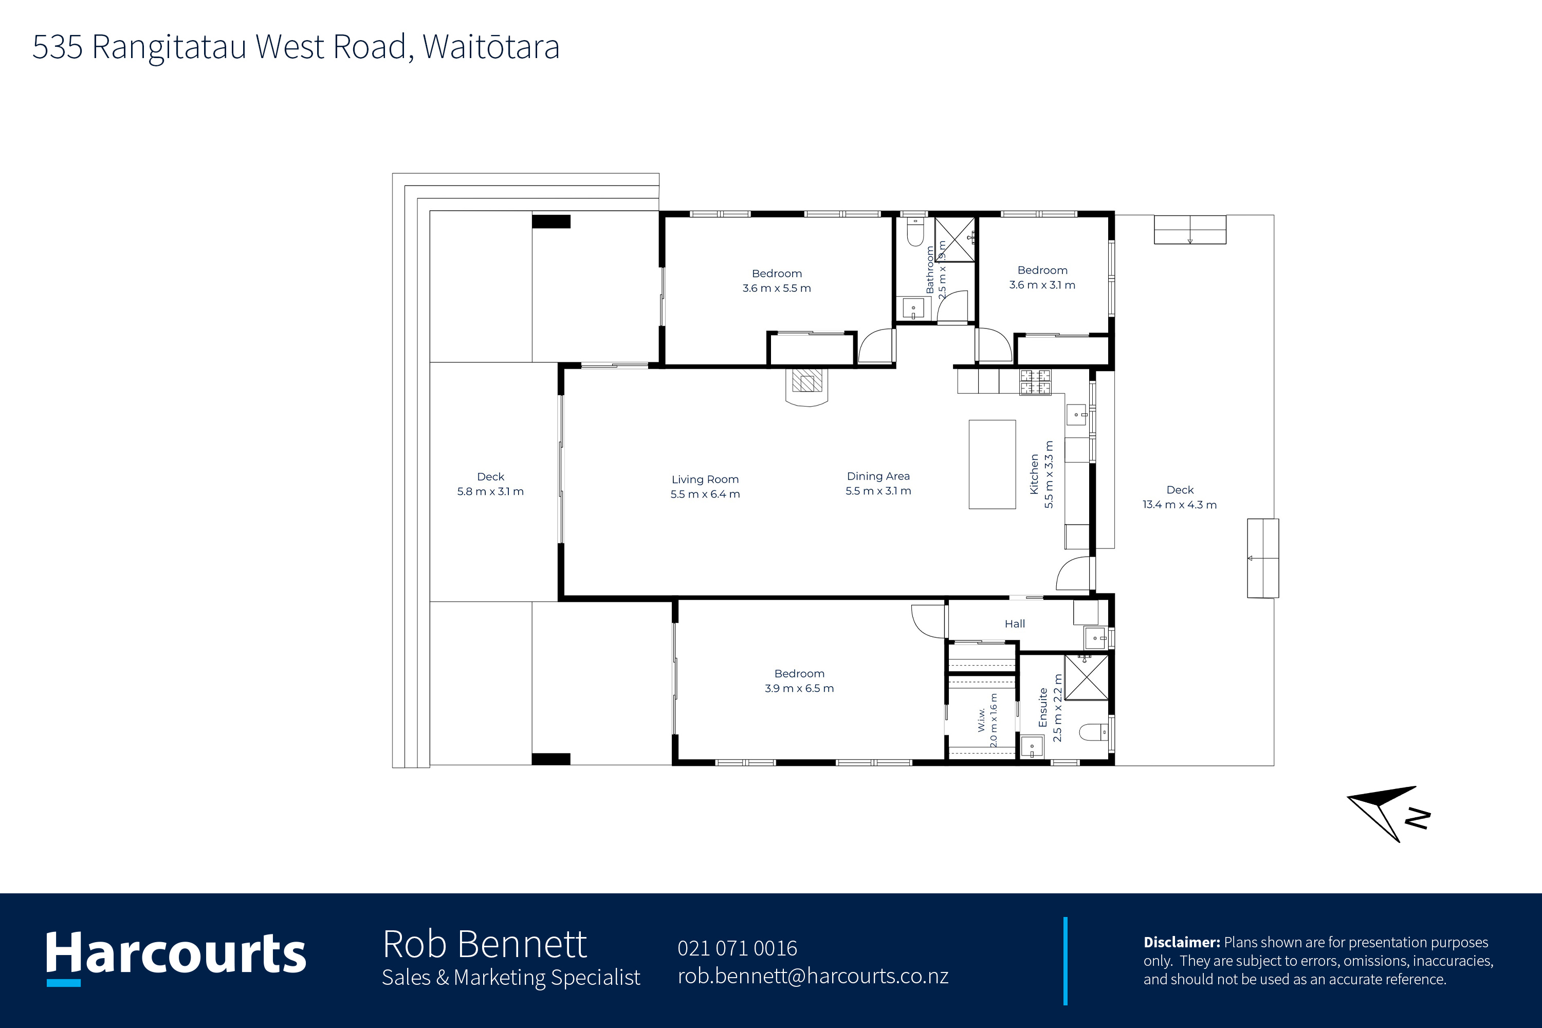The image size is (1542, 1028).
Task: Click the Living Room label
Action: (705, 479)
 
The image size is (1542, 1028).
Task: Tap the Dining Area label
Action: (878, 476)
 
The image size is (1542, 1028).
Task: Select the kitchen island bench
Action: (992, 464)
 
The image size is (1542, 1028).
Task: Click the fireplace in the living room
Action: (806, 387)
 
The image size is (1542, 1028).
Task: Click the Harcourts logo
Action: (176, 957)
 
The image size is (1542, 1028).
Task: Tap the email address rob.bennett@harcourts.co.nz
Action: (813, 976)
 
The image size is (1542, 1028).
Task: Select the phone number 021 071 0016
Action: (737, 948)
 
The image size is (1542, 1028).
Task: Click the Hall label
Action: (1014, 623)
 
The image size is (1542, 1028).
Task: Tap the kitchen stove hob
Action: (1035, 382)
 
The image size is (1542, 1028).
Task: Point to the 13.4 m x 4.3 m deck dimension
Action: (1180, 504)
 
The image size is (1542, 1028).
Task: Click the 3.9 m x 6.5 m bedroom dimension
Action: (799, 688)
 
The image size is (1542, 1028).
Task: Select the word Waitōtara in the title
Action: (491, 47)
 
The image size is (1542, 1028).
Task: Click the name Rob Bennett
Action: (485, 944)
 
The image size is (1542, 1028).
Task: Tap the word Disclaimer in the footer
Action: (1181, 942)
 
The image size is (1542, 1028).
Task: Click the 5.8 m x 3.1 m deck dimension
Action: (490, 491)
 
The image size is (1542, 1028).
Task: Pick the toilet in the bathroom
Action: (915, 231)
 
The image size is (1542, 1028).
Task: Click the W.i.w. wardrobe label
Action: (981, 719)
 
